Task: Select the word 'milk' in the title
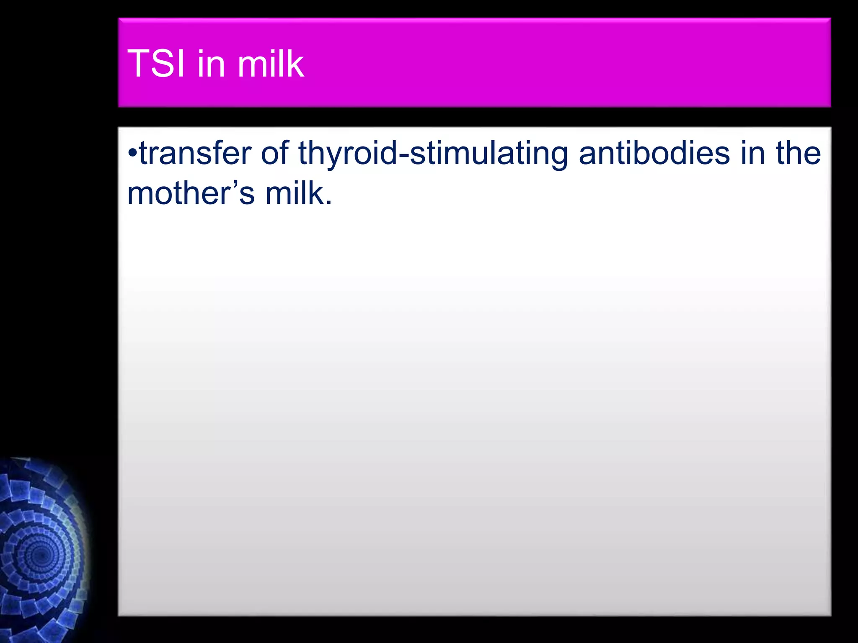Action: click(x=270, y=64)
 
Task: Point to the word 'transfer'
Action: click(x=195, y=153)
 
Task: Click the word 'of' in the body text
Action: click(x=274, y=153)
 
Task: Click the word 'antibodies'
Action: click(x=654, y=153)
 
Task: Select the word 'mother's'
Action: click(x=191, y=193)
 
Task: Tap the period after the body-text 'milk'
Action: click(x=329, y=203)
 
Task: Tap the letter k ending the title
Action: click(x=295, y=64)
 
